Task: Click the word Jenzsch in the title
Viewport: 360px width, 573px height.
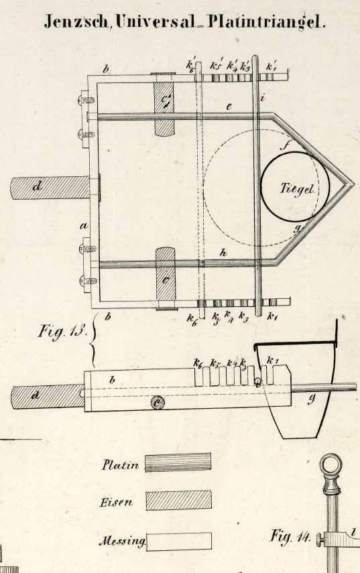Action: (x=76, y=22)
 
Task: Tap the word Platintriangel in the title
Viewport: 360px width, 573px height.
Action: (x=265, y=22)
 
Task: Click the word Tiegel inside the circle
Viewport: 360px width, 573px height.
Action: (x=297, y=188)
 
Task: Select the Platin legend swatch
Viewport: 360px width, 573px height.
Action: (x=178, y=462)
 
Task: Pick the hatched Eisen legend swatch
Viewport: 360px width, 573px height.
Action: (x=178, y=500)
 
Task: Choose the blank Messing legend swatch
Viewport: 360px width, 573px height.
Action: (x=179, y=542)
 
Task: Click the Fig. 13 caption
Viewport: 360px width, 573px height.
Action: (x=62, y=332)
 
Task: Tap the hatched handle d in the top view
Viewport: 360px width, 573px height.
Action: (x=50, y=188)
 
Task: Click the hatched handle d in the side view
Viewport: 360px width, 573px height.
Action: (x=48, y=396)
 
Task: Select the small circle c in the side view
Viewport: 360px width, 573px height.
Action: (x=158, y=403)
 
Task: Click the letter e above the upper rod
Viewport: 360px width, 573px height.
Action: (x=229, y=107)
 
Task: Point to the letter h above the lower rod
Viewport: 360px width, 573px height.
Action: (x=223, y=253)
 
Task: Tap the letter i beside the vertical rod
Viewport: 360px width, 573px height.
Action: (x=262, y=98)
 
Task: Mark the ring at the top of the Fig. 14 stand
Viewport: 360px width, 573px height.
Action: (x=331, y=464)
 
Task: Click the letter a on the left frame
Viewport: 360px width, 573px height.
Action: (x=84, y=227)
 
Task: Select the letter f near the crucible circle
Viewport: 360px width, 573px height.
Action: (x=285, y=145)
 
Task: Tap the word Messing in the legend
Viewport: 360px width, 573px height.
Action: (x=122, y=542)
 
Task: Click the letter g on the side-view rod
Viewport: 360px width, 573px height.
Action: (x=311, y=399)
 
